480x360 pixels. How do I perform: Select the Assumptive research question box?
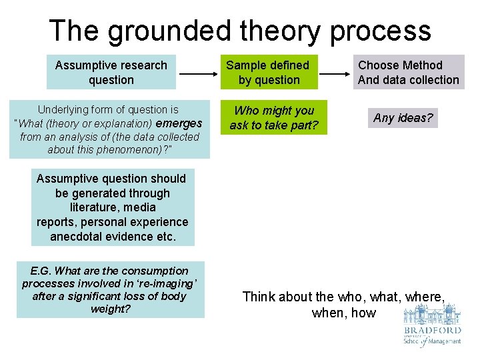pos(111,72)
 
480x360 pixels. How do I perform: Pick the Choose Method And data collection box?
pos(408,72)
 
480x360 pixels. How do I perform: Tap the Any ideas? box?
pos(403,118)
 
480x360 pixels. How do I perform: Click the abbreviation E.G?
pos(41,271)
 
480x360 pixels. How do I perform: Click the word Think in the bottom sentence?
pos(259,297)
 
